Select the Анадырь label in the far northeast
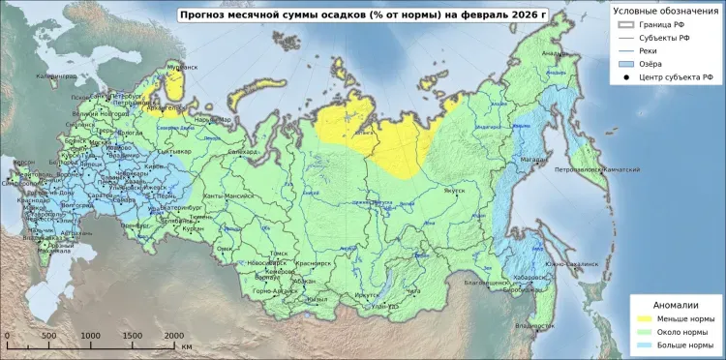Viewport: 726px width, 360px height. tap(555, 53)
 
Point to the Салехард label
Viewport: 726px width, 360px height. tap(243, 151)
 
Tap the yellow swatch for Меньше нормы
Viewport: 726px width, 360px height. tap(643, 316)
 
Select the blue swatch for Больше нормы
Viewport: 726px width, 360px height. tap(643, 345)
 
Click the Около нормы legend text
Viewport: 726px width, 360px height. tap(686, 331)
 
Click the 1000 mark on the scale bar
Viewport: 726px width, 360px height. tap(90, 335)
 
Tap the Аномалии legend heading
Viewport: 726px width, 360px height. tap(675, 303)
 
